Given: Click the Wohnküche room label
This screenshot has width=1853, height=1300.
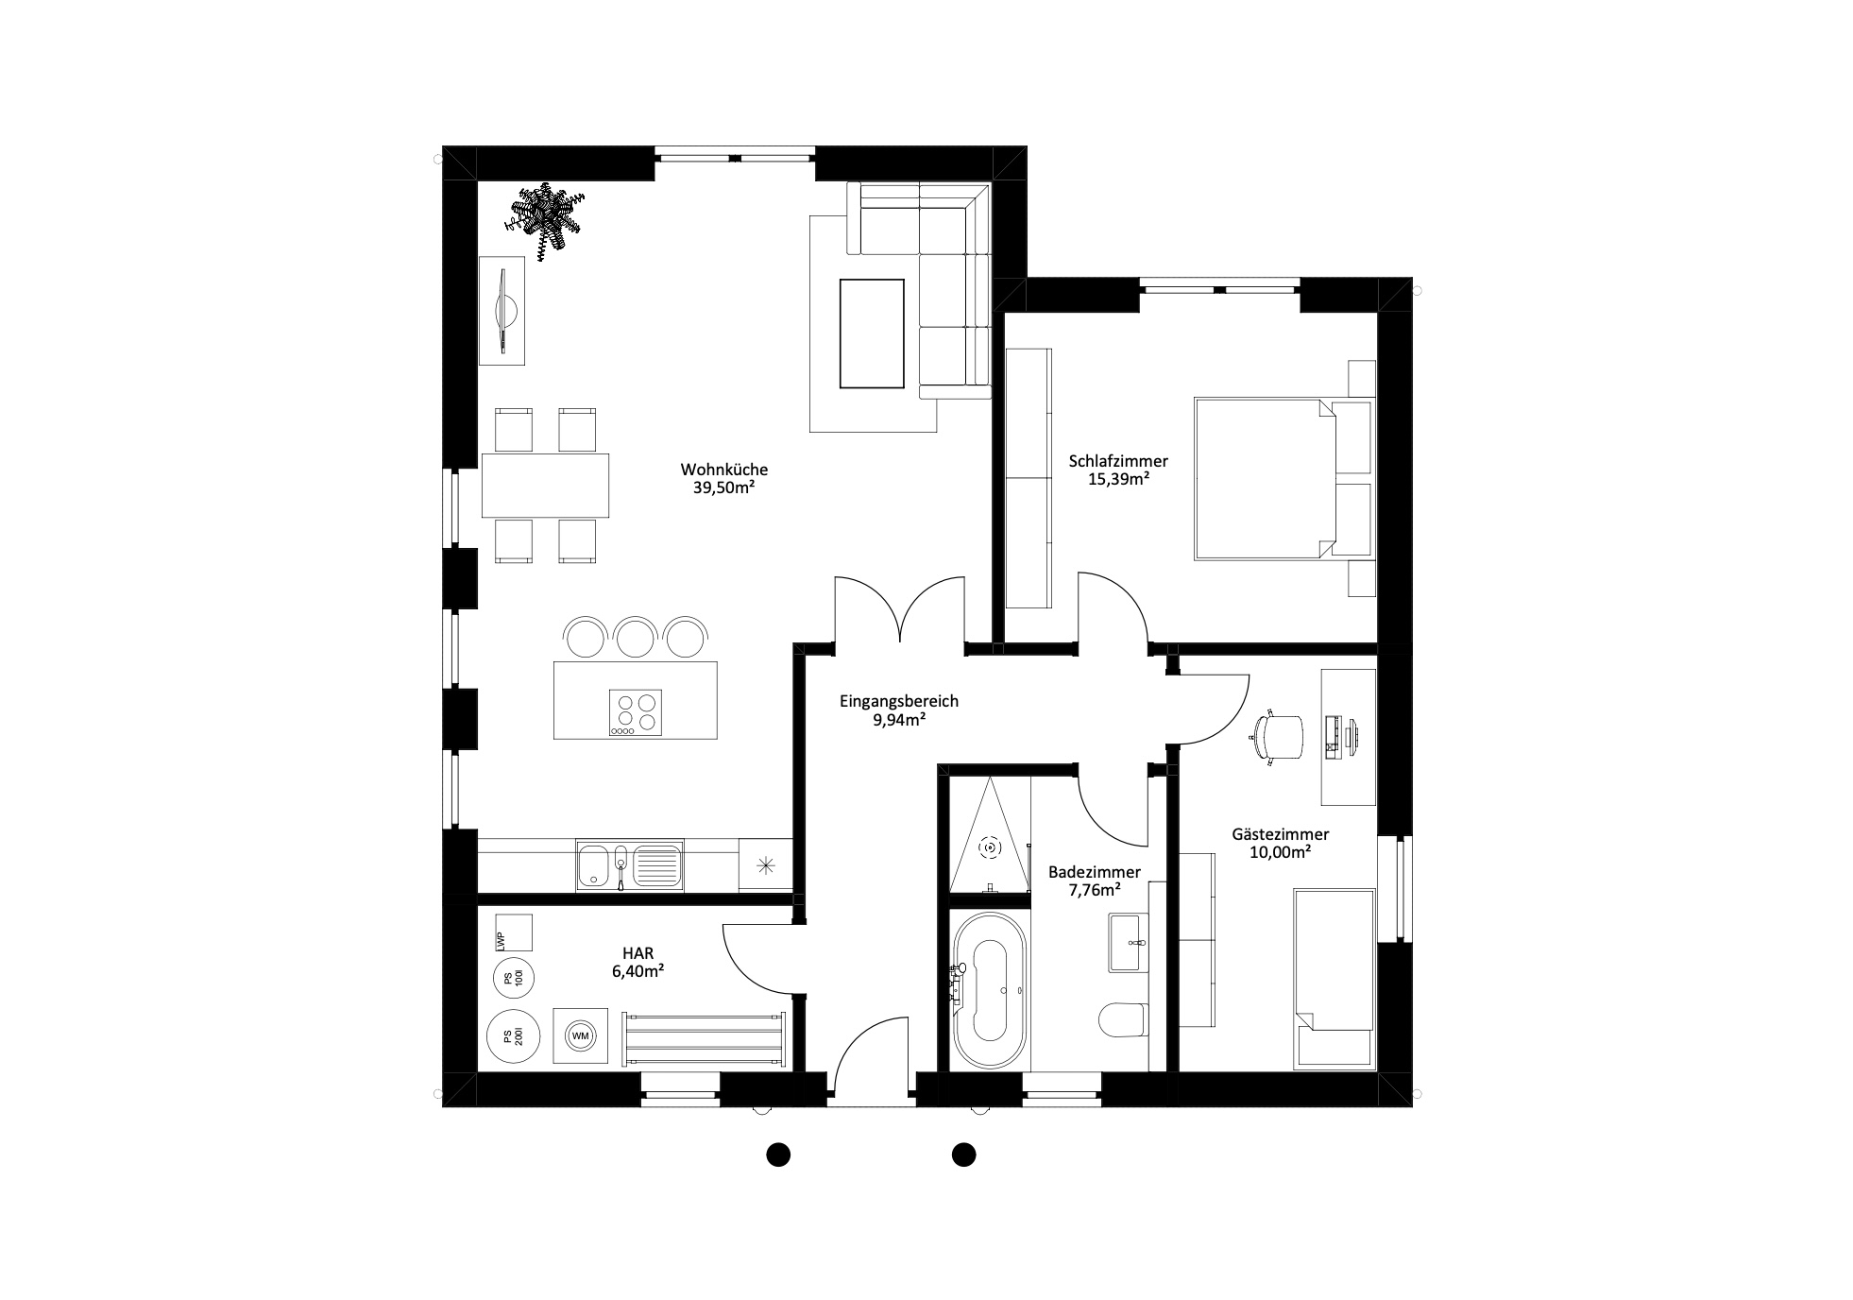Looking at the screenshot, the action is click(x=724, y=469).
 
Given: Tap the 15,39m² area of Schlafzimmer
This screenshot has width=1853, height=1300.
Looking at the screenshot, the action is click(x=1118, y=480).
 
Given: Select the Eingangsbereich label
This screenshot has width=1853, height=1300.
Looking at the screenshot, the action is click(x=899, y=701).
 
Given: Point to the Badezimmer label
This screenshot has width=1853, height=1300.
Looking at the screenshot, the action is click(x=1095, y=872).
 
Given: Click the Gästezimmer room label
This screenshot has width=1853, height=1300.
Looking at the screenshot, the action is click(x=1281, y=834).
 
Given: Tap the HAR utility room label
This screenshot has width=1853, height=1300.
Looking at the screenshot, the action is click(x=638, y=952).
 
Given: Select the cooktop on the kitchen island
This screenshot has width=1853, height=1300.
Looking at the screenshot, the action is click(x=636, y=713).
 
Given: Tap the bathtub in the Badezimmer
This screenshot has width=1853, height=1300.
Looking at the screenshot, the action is click(x=989, y=989).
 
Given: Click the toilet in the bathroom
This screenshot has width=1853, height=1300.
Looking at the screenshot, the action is click(x=1123, y=1019).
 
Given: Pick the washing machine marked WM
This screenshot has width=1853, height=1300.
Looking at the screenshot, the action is click(x=581, y=1036).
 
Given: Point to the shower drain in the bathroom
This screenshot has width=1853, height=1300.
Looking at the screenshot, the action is click(x=990, y=847).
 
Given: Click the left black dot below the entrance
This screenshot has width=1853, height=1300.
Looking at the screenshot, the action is click(x=777, y=1154).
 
